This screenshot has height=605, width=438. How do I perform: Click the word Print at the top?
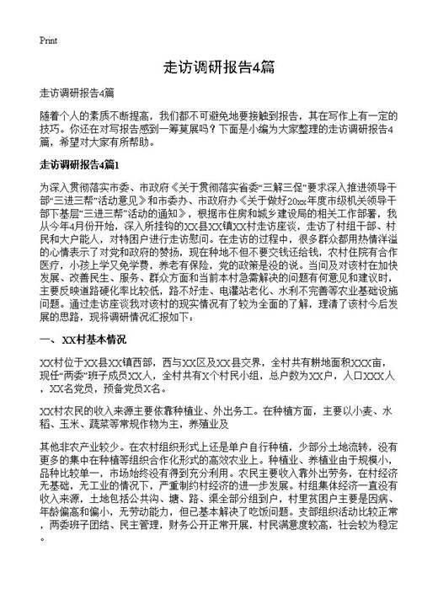(49, 40)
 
